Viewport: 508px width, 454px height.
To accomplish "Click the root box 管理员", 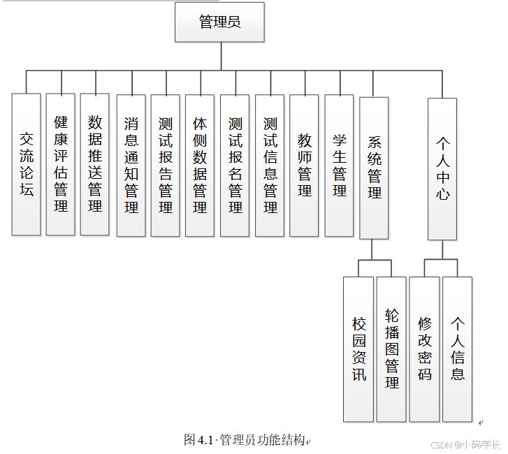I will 219,22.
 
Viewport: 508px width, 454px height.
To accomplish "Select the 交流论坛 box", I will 27,164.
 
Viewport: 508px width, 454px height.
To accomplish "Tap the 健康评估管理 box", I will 61,164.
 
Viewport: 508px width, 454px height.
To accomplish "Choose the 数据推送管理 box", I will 95,164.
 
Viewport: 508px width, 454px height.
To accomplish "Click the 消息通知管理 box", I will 131,165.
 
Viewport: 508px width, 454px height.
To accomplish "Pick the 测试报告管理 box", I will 166,165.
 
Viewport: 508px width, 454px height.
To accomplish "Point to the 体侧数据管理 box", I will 200,165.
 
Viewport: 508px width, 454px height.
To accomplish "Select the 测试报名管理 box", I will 235,165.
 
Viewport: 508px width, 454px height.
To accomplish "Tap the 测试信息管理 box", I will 270,165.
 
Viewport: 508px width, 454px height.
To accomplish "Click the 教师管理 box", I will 304,165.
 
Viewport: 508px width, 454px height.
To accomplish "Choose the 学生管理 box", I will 339,165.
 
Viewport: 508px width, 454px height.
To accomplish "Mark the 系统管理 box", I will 374,168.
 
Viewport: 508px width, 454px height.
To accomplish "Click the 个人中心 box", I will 442,170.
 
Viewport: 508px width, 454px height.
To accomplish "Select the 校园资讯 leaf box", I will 359,349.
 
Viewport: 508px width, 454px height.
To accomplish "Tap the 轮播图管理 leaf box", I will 391,349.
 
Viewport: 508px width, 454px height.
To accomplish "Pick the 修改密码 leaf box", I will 424,349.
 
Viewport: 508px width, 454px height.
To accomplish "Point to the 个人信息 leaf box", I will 457,349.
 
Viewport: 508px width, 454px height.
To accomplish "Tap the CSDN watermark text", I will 465,445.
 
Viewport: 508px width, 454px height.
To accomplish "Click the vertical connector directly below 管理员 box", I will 221,56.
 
